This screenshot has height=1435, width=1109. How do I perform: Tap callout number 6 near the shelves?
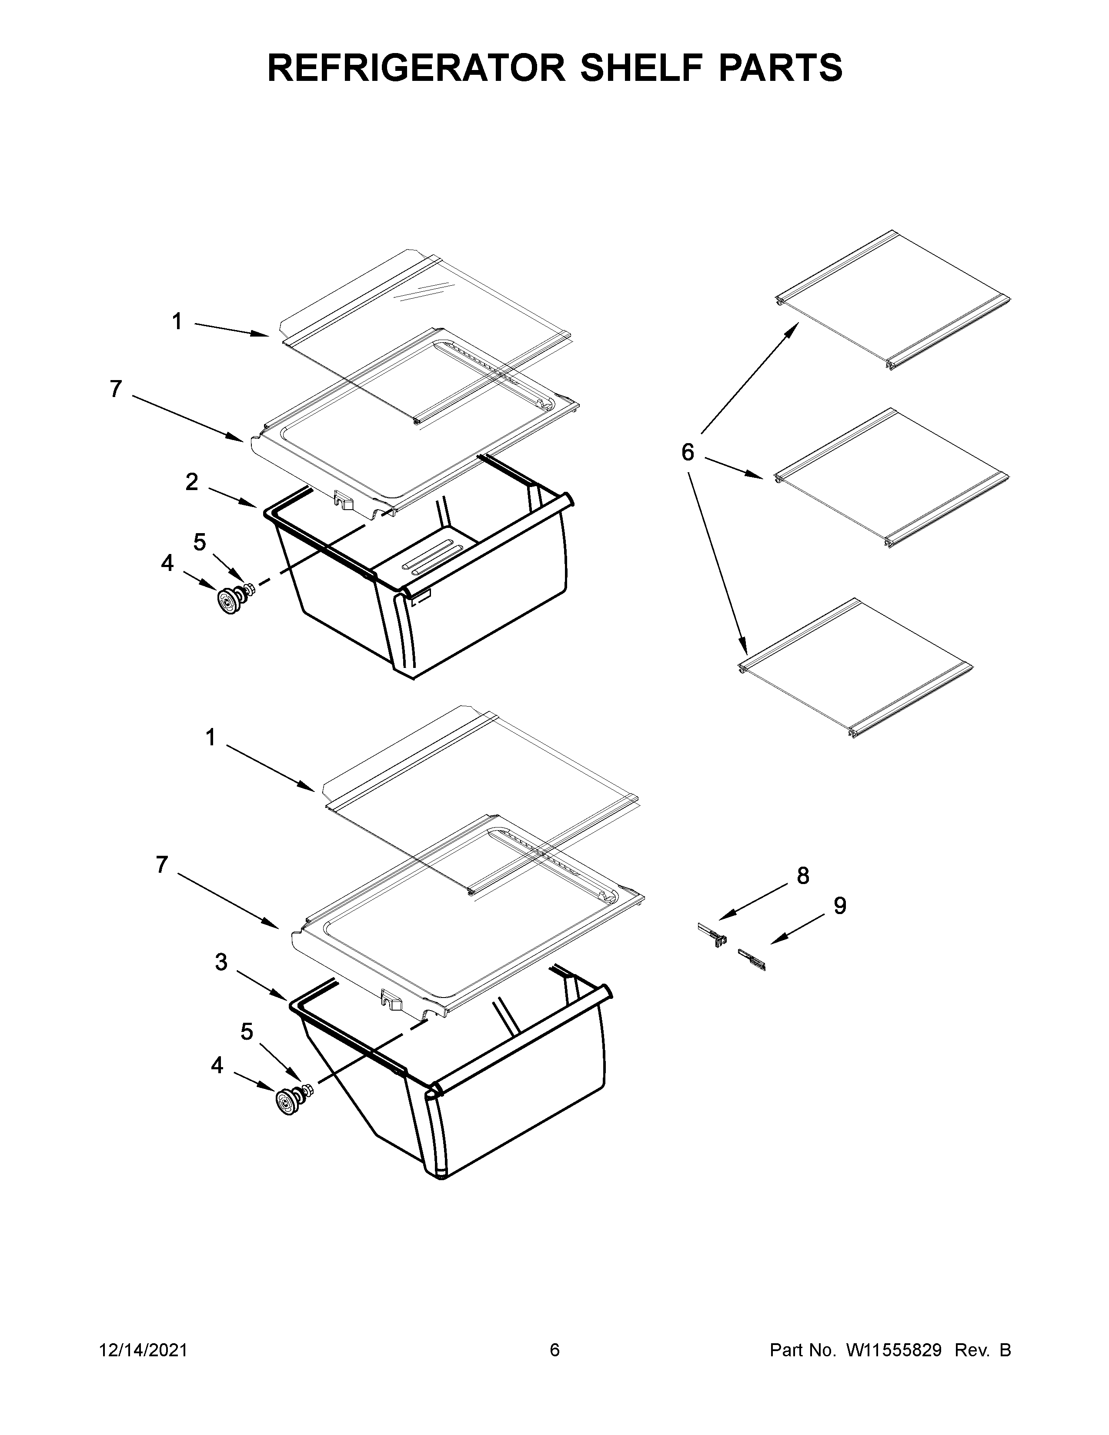tap(687, 452)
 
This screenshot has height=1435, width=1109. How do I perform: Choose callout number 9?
tap(840, 906)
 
